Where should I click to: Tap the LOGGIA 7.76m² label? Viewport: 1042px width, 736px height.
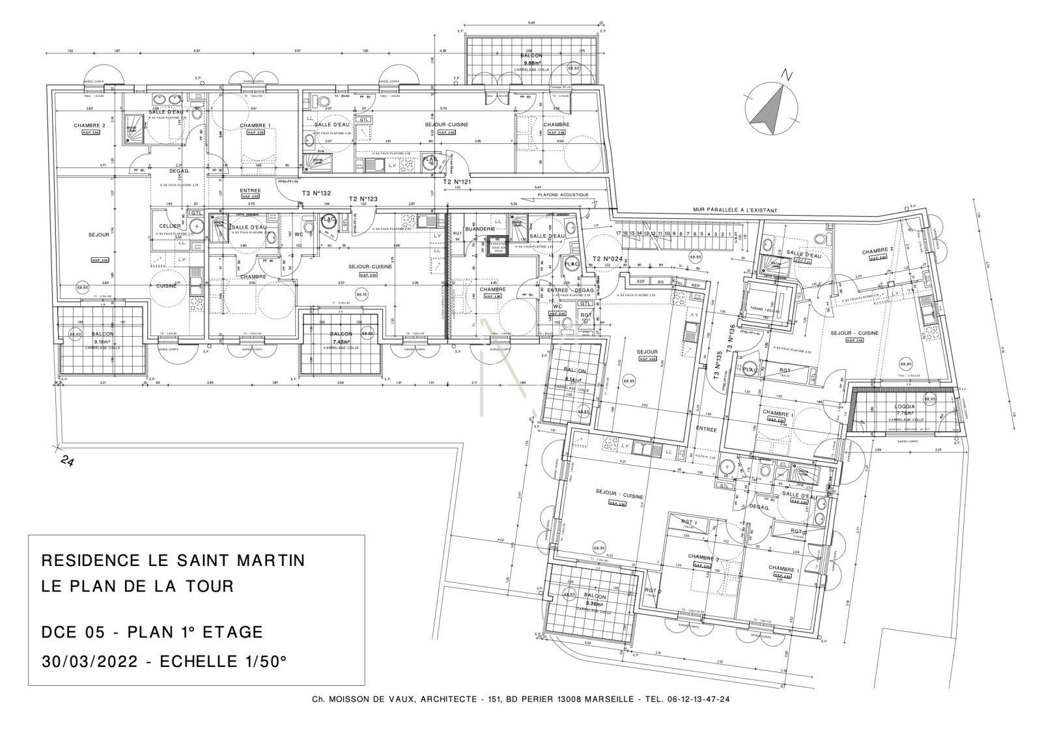[905, 410]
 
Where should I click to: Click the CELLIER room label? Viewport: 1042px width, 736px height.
[169, 226]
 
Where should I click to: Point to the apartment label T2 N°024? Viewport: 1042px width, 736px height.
[608, 259]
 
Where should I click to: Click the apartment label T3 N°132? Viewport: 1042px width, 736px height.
[317, 193]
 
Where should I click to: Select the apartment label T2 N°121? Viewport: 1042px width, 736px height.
[457, 182]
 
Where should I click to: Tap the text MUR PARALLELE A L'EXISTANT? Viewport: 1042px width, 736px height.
[735, 210]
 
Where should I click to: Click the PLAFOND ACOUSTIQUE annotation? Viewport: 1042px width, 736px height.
[563, 195]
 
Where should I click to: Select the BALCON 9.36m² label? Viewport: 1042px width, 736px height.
[595, 600]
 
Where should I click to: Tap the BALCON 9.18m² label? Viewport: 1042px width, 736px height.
[103, 337]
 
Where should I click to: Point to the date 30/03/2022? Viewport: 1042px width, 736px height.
[89, 662]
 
